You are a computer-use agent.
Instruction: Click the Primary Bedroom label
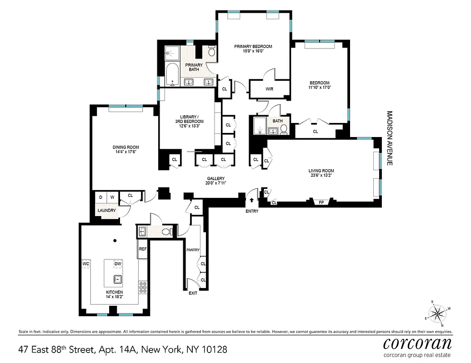tap(253, 46)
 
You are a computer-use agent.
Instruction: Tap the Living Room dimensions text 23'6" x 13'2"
tap(322, 176)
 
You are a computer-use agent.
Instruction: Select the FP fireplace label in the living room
tap(321, 202)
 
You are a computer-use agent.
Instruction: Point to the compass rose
tap(438, 313)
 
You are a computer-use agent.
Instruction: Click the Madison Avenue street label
tap(389, 138)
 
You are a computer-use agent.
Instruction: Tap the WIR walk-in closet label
tap(269, 89)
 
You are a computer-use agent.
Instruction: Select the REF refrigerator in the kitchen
tap(142, 249)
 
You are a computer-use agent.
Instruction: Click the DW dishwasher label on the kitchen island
tap(117, 264)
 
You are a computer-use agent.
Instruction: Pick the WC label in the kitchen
tap(86, 264)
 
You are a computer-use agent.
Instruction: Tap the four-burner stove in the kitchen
tap(142, 287)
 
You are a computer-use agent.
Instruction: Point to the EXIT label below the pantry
tap(193, 293)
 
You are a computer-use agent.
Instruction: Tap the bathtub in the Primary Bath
tap(172, 75)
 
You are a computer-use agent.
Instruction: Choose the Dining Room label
tap(126, 147)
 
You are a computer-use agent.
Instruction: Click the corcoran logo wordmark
tap(417, 343)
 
